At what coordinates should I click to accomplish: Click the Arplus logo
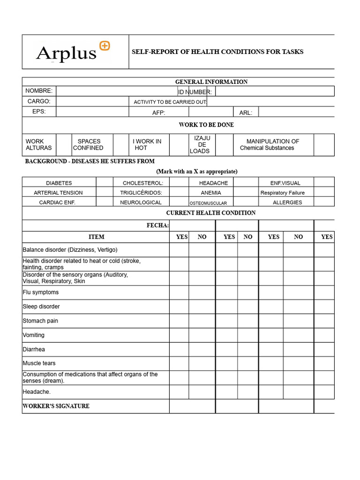click(73, 52)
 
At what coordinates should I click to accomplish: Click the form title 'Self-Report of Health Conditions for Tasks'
click(217, 52)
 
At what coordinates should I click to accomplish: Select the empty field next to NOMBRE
click(116, 91)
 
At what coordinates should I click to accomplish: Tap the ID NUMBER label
click(195, 92)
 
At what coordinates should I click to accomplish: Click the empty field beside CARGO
click(92, 101)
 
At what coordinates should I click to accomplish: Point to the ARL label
click(246, 112)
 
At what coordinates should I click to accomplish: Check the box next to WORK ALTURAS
click(63, 145)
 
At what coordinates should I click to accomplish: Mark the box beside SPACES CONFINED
click(121, 145)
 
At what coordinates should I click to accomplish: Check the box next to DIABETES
click(105, 183)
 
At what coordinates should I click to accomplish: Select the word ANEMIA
click(211, 193)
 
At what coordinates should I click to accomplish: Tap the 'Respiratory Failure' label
click(283, 193)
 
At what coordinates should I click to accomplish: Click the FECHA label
click(157, 225)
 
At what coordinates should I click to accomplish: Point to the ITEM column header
click(96, 237)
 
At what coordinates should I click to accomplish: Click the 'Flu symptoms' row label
click(41, 292)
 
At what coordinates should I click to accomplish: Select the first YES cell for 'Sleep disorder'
click(179, 307)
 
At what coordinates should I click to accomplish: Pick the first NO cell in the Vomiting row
click(202, 336)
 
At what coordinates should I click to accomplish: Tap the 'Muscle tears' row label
click(39, 363)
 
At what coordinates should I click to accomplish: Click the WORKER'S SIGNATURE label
click(56, 406)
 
